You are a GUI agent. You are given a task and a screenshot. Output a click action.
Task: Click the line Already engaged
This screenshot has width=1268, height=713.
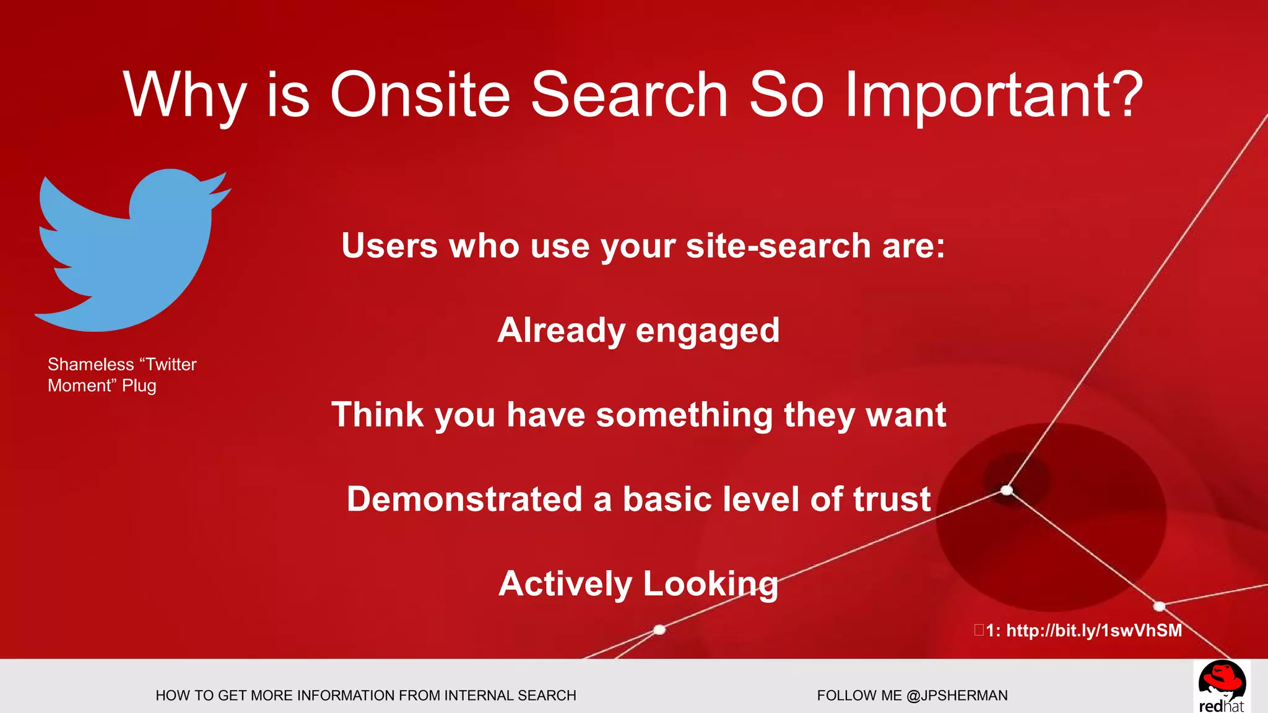638,330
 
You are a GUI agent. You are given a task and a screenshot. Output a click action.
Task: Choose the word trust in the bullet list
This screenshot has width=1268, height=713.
892,499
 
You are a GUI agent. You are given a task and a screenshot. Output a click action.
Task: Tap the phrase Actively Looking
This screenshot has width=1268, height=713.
638,584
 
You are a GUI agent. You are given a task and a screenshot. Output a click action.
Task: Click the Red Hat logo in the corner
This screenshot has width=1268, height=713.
1221,686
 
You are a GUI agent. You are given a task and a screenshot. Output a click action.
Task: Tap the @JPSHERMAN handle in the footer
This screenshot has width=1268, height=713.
957,696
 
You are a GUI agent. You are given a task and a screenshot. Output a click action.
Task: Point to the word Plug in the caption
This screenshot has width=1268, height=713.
139,386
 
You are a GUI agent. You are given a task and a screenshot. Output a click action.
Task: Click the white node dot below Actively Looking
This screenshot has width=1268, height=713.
659,629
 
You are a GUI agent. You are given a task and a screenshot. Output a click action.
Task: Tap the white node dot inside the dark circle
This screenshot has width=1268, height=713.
1007,490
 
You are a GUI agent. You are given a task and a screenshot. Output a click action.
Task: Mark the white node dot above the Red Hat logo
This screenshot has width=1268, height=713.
1160,606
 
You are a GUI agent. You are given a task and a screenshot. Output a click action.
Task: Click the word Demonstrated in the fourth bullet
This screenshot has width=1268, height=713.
464,499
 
